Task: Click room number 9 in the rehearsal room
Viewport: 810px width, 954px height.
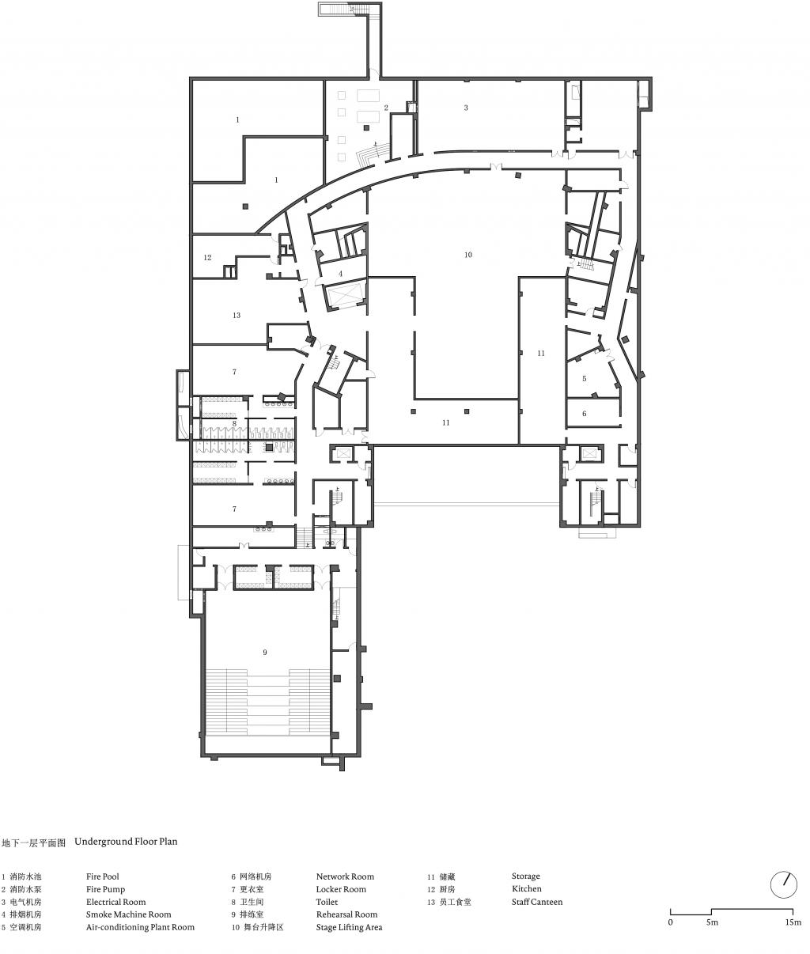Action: (265, 653)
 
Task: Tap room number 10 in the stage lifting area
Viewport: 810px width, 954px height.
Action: (468, 255)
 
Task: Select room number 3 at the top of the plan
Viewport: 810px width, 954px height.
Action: (466, 108)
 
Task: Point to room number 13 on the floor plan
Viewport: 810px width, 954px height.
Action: (236, 316)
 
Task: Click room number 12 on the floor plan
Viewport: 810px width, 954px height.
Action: (207, 258)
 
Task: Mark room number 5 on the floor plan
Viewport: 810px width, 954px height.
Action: (585, 379)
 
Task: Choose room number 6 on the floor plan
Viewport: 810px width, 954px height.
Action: (585, 414)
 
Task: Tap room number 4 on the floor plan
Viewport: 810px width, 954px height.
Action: (340, 274)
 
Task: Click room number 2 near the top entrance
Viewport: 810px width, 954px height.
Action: (386, 108)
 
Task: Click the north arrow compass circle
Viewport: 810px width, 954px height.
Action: (783, 884)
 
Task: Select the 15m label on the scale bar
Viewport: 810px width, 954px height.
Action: (793, 922)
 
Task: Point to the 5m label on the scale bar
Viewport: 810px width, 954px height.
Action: (712, 922)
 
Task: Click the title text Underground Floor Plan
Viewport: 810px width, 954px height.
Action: (126, 842)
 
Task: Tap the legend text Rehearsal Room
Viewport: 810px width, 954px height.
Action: (346, 914)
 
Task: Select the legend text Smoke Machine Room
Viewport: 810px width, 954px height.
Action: (128, 914)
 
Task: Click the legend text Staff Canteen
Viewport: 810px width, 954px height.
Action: (537, 902)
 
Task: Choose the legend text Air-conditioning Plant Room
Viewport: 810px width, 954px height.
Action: (140, 927)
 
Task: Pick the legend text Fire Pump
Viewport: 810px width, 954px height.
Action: (105, 889)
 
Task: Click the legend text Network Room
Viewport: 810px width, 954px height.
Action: (345, 876)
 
